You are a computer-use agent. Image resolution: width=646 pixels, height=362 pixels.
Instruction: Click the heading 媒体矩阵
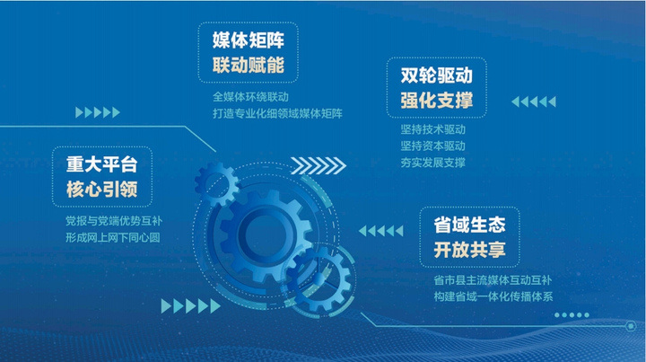(249, 40)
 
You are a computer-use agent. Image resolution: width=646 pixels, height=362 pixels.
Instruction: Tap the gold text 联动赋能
(249, 66)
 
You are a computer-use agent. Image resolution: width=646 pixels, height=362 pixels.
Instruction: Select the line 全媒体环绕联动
(250, 97)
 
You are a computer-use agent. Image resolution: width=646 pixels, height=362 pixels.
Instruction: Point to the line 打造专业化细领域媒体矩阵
(277, 113)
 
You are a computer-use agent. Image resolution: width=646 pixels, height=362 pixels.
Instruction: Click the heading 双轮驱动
(437, 75)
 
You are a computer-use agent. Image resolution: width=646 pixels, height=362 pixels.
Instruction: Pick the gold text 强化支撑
(437, 101)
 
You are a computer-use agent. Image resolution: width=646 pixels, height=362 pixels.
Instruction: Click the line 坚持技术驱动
(433, 129)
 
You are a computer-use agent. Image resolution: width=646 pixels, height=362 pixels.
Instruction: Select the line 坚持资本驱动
(433, 146)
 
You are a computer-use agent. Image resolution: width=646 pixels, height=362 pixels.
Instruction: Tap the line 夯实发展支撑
(433, 163)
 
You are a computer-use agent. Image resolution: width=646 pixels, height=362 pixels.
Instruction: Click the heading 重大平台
(101, 164)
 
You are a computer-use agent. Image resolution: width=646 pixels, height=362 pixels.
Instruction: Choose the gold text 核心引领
(101, 190)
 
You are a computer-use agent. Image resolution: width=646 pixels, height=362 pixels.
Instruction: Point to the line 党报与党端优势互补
(114, 221)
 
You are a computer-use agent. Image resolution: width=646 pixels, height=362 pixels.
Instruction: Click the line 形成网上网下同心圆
(112, 237)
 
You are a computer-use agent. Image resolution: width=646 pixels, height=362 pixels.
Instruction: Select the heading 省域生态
(469, 225)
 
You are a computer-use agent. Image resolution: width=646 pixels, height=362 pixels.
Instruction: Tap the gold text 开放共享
(469, 250)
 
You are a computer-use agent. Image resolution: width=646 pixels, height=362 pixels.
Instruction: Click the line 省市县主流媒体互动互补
(493, 280)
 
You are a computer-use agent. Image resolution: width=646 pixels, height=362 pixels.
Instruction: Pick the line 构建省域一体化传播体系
(493, 296)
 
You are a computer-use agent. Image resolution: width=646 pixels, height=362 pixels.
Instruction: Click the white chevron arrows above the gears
(319, 166)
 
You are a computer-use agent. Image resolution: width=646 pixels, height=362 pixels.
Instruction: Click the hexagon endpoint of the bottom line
(631, 326)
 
